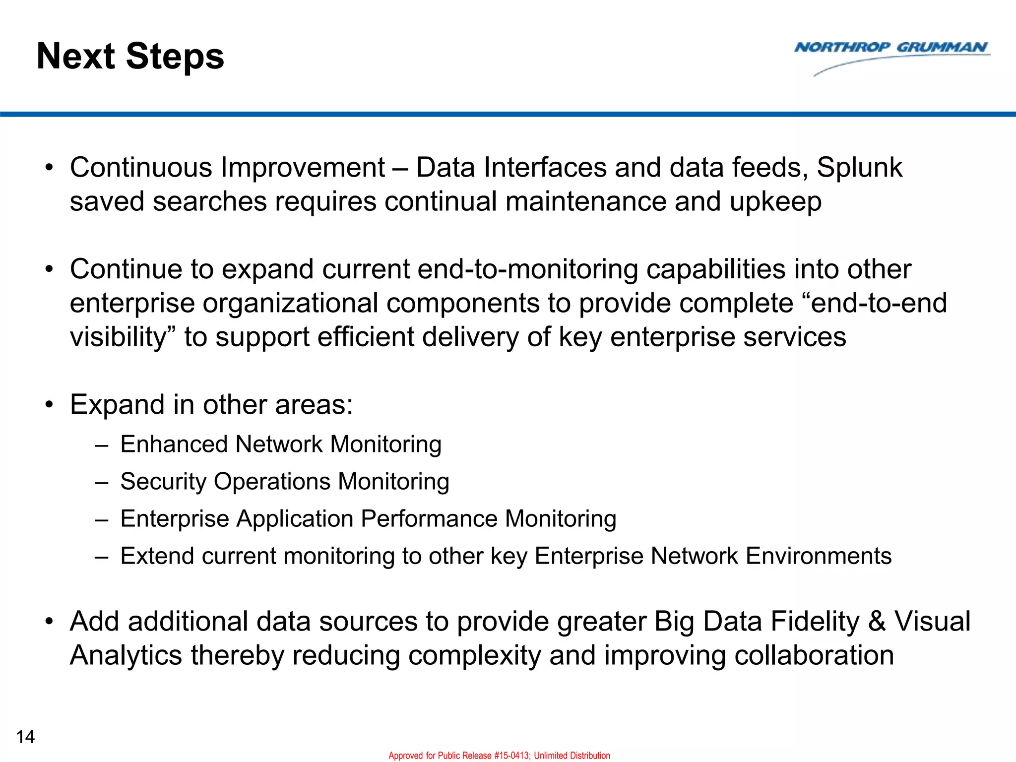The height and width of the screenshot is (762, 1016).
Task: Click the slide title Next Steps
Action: (x=130, y=57)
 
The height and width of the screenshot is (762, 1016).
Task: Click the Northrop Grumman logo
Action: (x=891, y=55)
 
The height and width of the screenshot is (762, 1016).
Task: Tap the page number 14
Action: (x=25, y=737)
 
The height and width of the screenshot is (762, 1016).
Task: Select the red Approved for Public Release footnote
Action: (x=499, y=755)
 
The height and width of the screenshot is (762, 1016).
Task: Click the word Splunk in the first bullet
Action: (x=859, y=168)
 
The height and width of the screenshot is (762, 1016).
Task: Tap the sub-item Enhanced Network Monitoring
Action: (x=281, y=444)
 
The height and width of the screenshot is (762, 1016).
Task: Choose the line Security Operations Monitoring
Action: (x=285, y=481)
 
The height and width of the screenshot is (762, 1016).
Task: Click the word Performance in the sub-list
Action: (x=429, y=519)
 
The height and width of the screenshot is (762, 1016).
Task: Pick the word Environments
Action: (x=819, y=556)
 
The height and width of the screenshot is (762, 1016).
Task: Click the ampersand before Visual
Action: (x=877, y=622)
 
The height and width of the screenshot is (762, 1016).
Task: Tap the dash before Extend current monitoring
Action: (x=101, y=557)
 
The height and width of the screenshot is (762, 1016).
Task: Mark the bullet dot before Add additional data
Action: (x=49, y=622)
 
